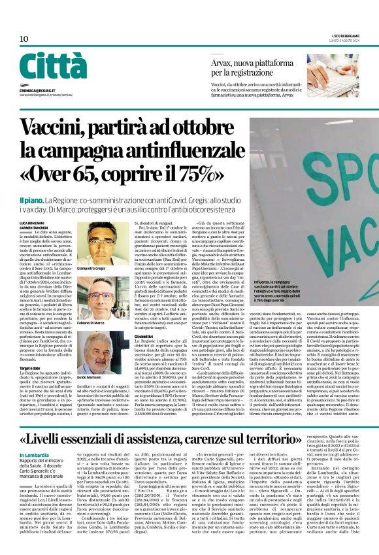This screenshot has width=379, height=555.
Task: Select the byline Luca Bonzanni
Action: point(31,224)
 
